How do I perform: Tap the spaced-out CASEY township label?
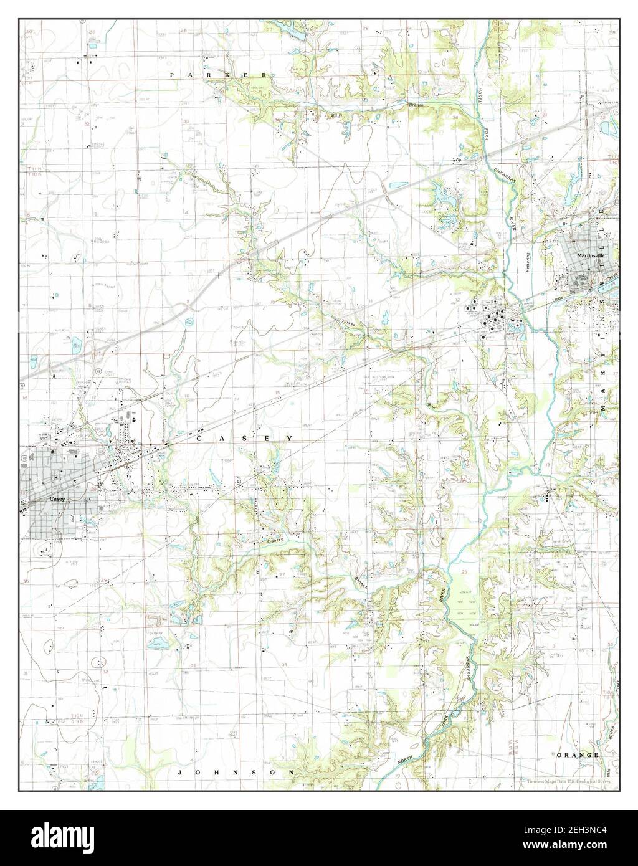pos(245,439)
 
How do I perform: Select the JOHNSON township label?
pos(236,772)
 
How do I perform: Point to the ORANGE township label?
pos(578,754)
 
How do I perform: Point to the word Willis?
pos(320,115)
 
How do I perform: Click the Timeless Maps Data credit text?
pos(567,781)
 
